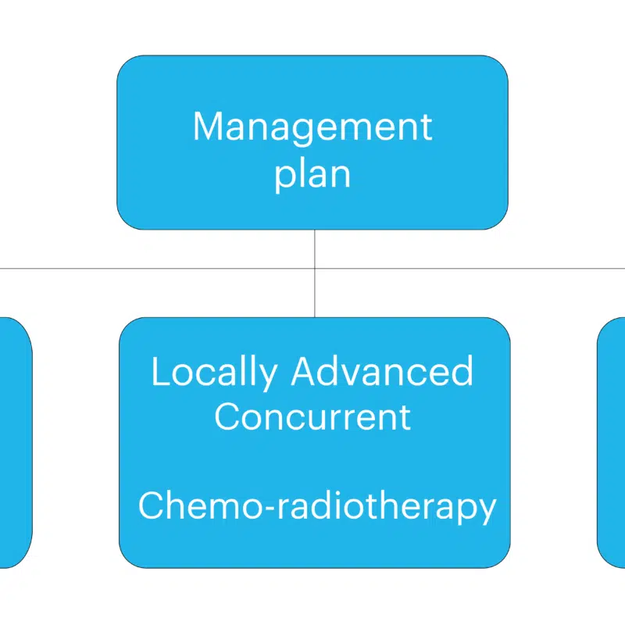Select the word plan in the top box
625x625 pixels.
click(x=312, y=175)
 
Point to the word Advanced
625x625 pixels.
click(x=382, y=371)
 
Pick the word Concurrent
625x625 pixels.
click(x=312, y=417)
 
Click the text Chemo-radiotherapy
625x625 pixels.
click(x=317, y=506)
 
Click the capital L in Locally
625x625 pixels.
click(x=162, y=371)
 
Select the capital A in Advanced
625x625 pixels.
click(x=305, y=371)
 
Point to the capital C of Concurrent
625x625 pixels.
click(x=227, y=417)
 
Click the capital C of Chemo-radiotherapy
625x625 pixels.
click(x=151, y=505)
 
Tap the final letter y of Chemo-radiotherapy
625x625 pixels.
click(x=485, y=511)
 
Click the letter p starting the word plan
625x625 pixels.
click(x=284, y=178)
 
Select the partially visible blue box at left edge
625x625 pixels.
click(x=16, y=442)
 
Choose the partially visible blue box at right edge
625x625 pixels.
click(x=611, y=442)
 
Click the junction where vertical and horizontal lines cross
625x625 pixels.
click(x=315, y=269)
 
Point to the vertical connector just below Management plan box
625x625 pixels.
click(x=315, y=249)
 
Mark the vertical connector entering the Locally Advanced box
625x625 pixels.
click(x=315, y=293)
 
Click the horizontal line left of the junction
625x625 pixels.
click(x=157, y=269)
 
